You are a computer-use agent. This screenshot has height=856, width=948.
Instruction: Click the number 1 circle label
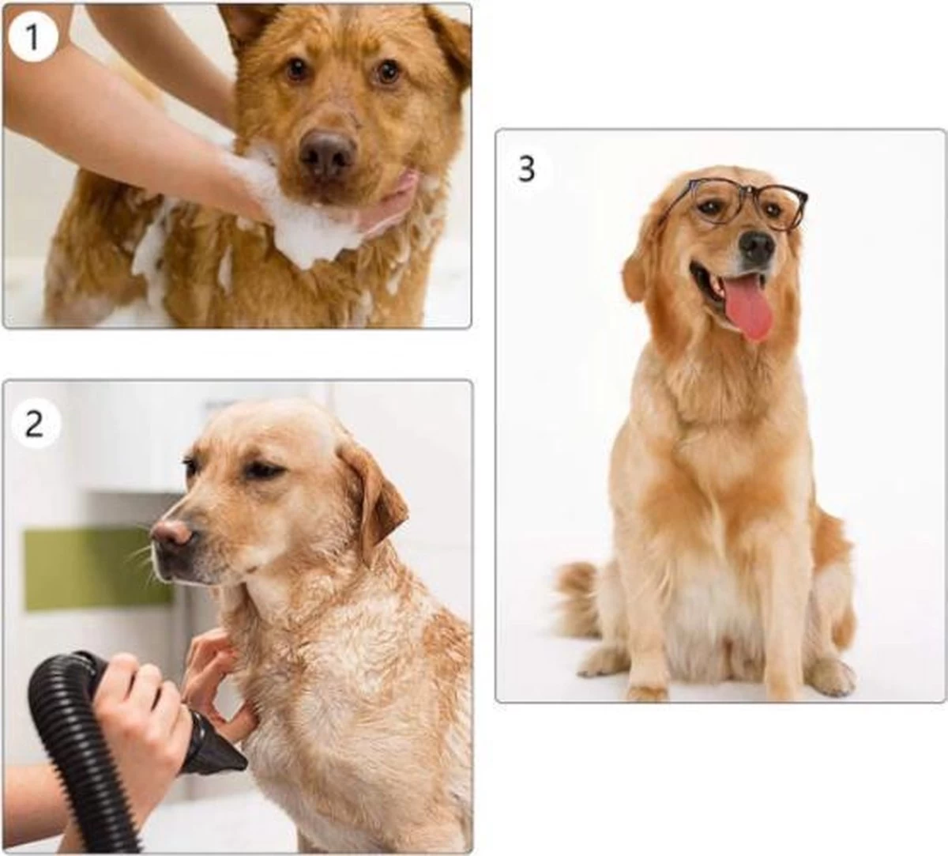32,37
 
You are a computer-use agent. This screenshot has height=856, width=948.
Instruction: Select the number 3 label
527,168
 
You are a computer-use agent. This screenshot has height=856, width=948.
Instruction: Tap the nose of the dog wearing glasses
757,247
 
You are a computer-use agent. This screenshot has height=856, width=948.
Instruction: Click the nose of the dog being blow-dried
171,534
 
